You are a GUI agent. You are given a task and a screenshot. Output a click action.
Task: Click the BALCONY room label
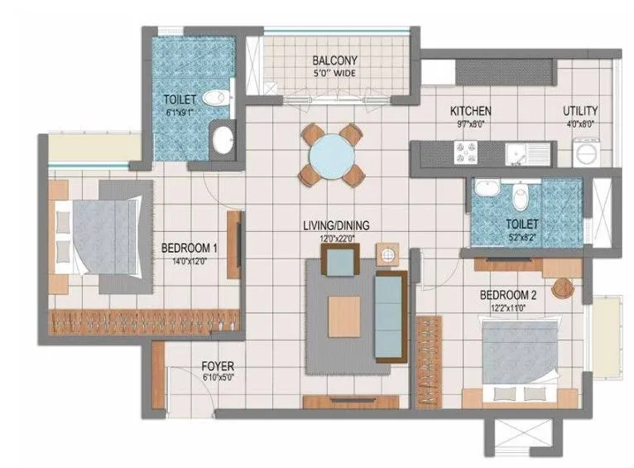pyautogui.click(x=334, y=60)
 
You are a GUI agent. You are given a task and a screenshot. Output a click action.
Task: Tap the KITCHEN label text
pyautogui.click(x=470, y=111)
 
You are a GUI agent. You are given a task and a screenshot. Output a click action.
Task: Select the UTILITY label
pyautogui.click(x=580, y=111)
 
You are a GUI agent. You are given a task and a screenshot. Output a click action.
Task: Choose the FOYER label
pyautogui.click(x=218, y=365)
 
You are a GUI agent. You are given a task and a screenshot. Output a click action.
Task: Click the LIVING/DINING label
pyautogui.click(x=335, y=225)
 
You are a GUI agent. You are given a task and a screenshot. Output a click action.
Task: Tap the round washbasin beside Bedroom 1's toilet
pyautogui.click(x=223, y=140)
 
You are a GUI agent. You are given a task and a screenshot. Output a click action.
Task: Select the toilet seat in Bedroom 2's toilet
pyautogui.click(x=521, y=198)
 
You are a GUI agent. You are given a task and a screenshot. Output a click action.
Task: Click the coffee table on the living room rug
pyautogui.click(x=343, y=315)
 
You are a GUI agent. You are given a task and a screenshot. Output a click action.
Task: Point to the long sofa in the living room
pyautogui.click(x=387, y=315)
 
